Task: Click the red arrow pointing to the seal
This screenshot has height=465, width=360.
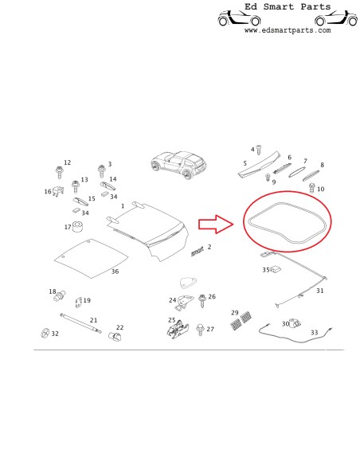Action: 216,225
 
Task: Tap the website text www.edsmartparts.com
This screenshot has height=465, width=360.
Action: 288,30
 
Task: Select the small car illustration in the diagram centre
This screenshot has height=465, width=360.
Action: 178,165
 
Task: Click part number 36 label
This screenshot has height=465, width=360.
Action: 115,272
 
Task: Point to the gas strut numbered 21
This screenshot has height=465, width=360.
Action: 80,323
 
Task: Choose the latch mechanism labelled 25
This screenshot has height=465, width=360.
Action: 178,329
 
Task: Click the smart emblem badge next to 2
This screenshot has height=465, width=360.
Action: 197,251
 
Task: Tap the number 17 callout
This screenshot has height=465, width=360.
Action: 68,227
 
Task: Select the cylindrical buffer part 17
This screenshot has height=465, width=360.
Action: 78,227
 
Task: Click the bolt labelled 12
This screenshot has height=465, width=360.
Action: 59,172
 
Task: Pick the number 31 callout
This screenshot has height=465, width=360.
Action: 319,291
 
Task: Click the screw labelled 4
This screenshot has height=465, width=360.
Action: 259,150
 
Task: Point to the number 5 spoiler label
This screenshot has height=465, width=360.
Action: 245,163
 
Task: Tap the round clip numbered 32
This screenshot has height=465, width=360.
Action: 45,333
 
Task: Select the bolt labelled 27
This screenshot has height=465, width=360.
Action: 200,330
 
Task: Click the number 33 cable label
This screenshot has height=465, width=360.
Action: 314,333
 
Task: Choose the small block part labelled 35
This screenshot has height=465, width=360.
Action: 276,269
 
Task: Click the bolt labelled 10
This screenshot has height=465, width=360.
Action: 311,188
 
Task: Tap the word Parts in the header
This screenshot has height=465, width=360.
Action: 315,6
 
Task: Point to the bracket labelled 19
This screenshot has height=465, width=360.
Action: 79,302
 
